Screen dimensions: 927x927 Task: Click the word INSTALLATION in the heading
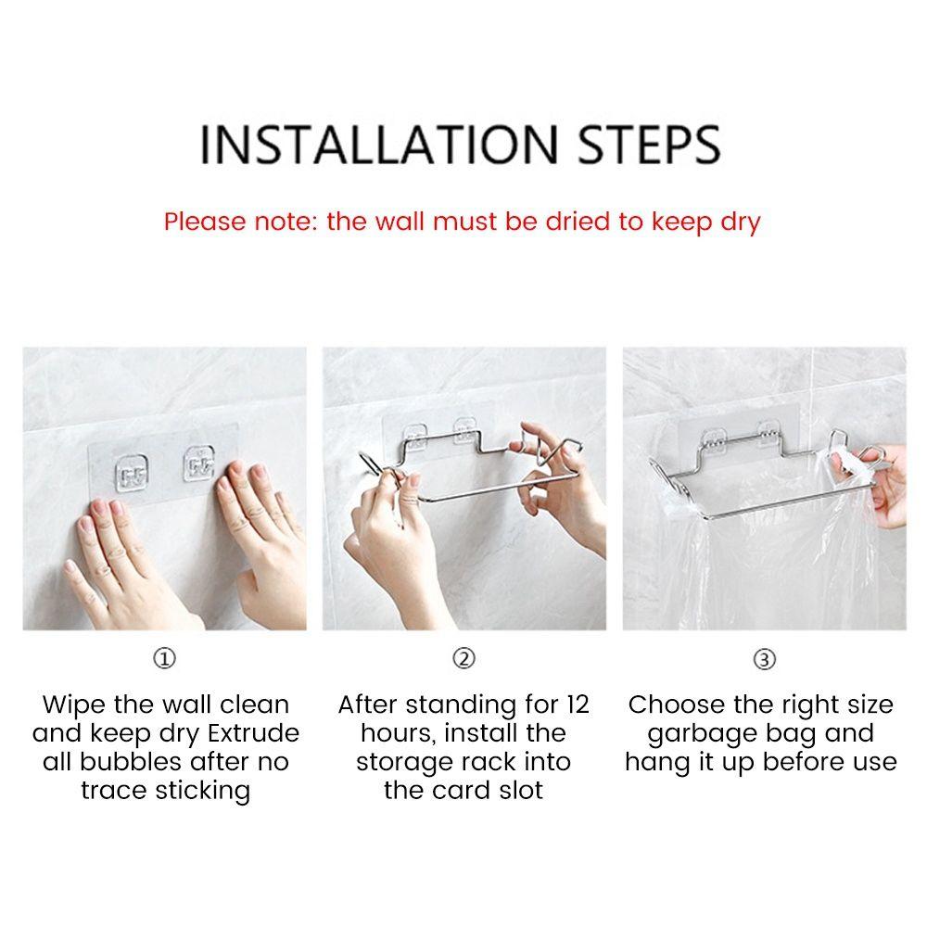[x=378, y=144]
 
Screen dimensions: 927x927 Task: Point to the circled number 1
[x=164, y=659]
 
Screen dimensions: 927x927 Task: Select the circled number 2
[x=463, y=659]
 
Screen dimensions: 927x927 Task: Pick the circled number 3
[x=763, y=659]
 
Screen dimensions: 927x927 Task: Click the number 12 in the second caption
[x=577, y=705]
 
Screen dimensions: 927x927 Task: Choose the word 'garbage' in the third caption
[x=706, y=733]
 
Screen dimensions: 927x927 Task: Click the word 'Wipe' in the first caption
[x=73, y=705]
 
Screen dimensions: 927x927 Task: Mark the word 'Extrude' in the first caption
[x=253, y=733]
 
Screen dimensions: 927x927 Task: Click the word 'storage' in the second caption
[x=403, y=762]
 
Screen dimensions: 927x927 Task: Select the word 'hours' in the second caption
[x=399, y=733]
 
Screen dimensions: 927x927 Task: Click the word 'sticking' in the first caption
[x=202, y=791]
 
